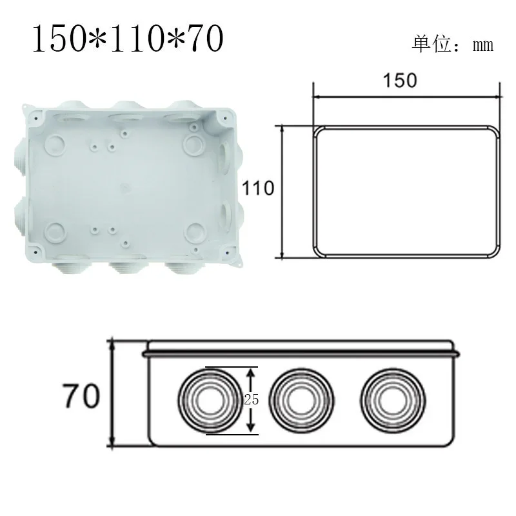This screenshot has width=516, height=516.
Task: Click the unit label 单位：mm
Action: click(452, 45)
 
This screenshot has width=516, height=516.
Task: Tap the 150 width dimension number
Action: click(400, 80)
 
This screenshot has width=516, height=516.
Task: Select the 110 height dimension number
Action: click(258, 188)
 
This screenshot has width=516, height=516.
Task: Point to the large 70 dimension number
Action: click(81, 395)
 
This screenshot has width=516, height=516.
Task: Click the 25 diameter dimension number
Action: click(251, 400)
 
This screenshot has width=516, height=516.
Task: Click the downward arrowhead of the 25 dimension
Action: click(251, 427)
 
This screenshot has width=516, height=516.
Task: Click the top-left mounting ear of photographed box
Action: click(27, 114)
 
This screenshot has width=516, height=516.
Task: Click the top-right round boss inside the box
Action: click(193, 143)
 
